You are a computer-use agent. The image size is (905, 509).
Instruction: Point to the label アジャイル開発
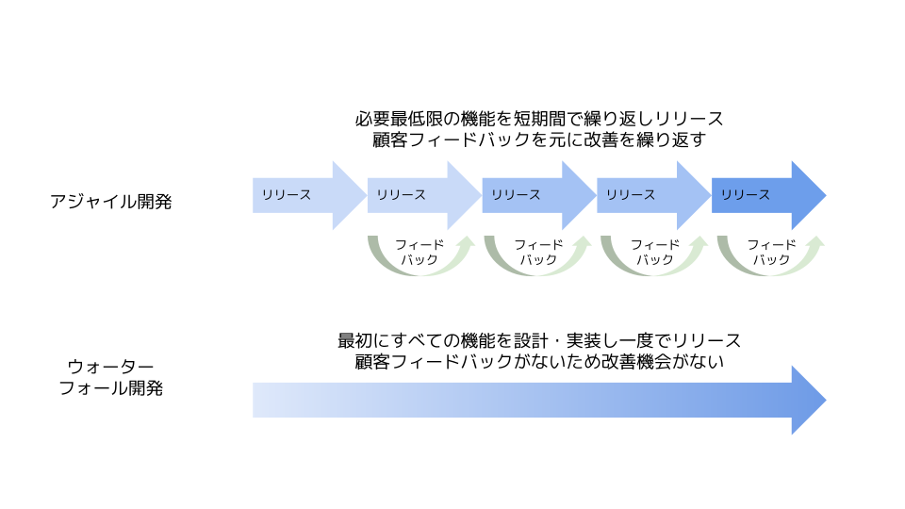click(x=111, y=201)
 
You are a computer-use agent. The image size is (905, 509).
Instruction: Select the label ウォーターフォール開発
click(x=111, y=377)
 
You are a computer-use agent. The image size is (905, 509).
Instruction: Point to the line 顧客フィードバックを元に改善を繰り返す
click(x=539, y=140)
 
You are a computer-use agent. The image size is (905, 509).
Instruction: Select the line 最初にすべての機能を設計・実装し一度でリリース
click(x=539, y=340)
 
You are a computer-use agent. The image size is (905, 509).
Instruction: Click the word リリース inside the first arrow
click(x=287, y=195)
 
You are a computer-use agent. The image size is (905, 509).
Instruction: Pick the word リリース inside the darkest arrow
click(x=746, y=195)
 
